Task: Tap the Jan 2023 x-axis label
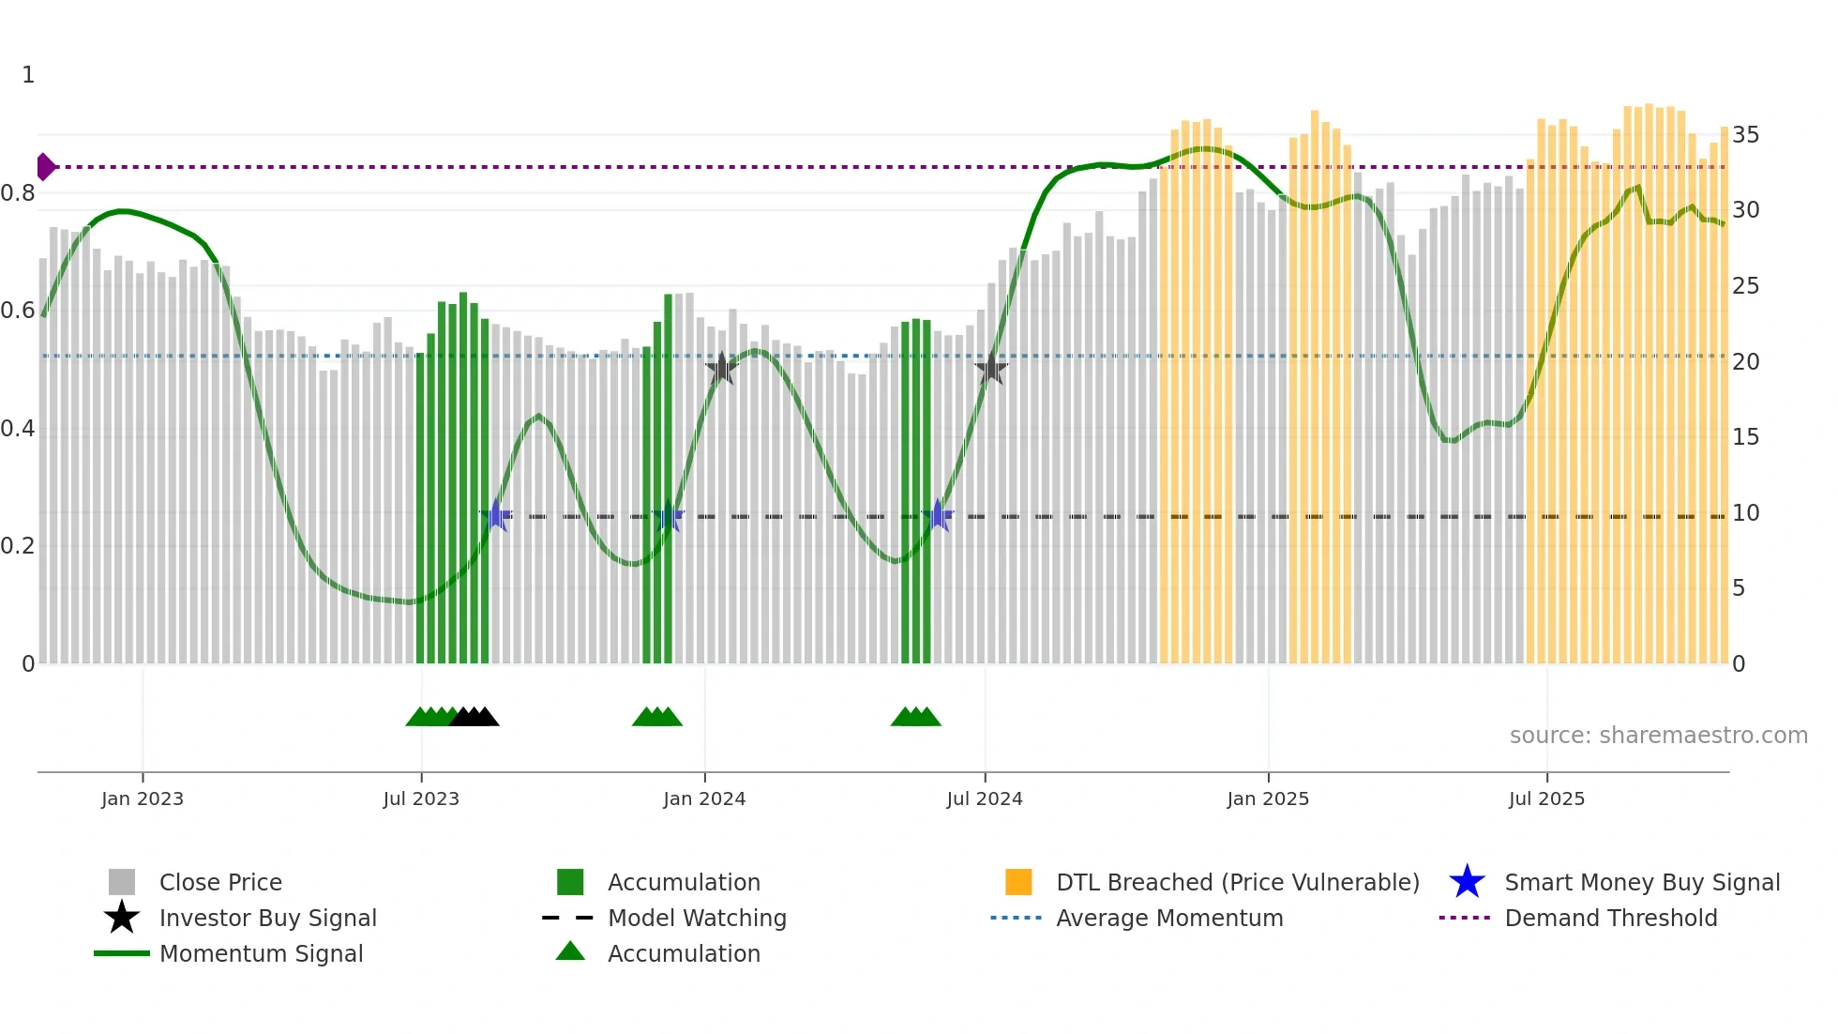[143, 798]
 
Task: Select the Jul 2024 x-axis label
[985, 798]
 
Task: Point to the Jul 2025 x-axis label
[1546, 798]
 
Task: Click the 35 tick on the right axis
[1745, 135]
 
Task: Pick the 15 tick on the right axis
[1745, 437]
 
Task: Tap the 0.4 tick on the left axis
[18, 429]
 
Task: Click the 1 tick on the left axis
[28, 75]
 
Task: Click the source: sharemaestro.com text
[1658, 736]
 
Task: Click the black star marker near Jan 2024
[721, 369]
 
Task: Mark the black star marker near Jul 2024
[991, 369]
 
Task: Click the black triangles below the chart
[474, 717]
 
